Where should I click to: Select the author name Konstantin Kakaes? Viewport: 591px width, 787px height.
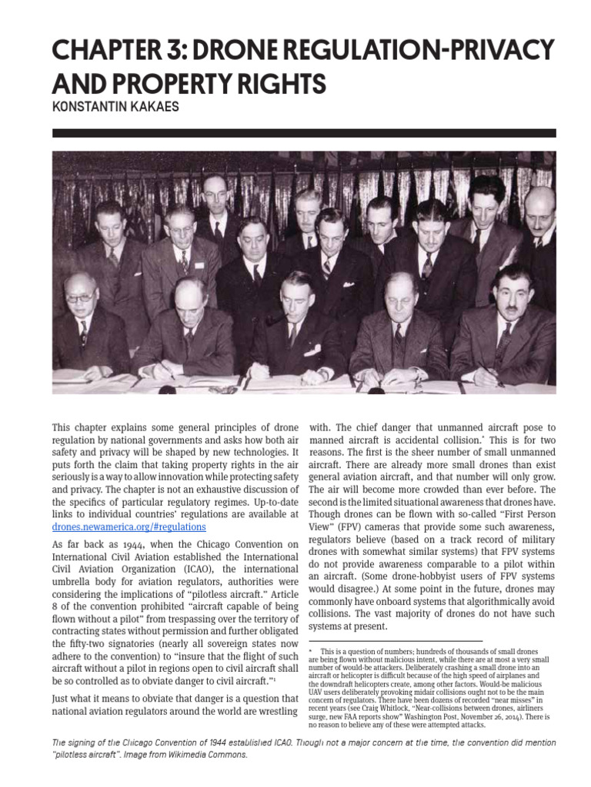point(115,108)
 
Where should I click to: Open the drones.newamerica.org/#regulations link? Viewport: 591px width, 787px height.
point(129,527)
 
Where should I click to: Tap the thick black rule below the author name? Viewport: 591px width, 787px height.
point(304,133)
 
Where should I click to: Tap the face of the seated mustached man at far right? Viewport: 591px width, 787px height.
point(512,289)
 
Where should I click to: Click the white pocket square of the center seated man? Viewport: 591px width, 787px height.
point(312,350)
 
